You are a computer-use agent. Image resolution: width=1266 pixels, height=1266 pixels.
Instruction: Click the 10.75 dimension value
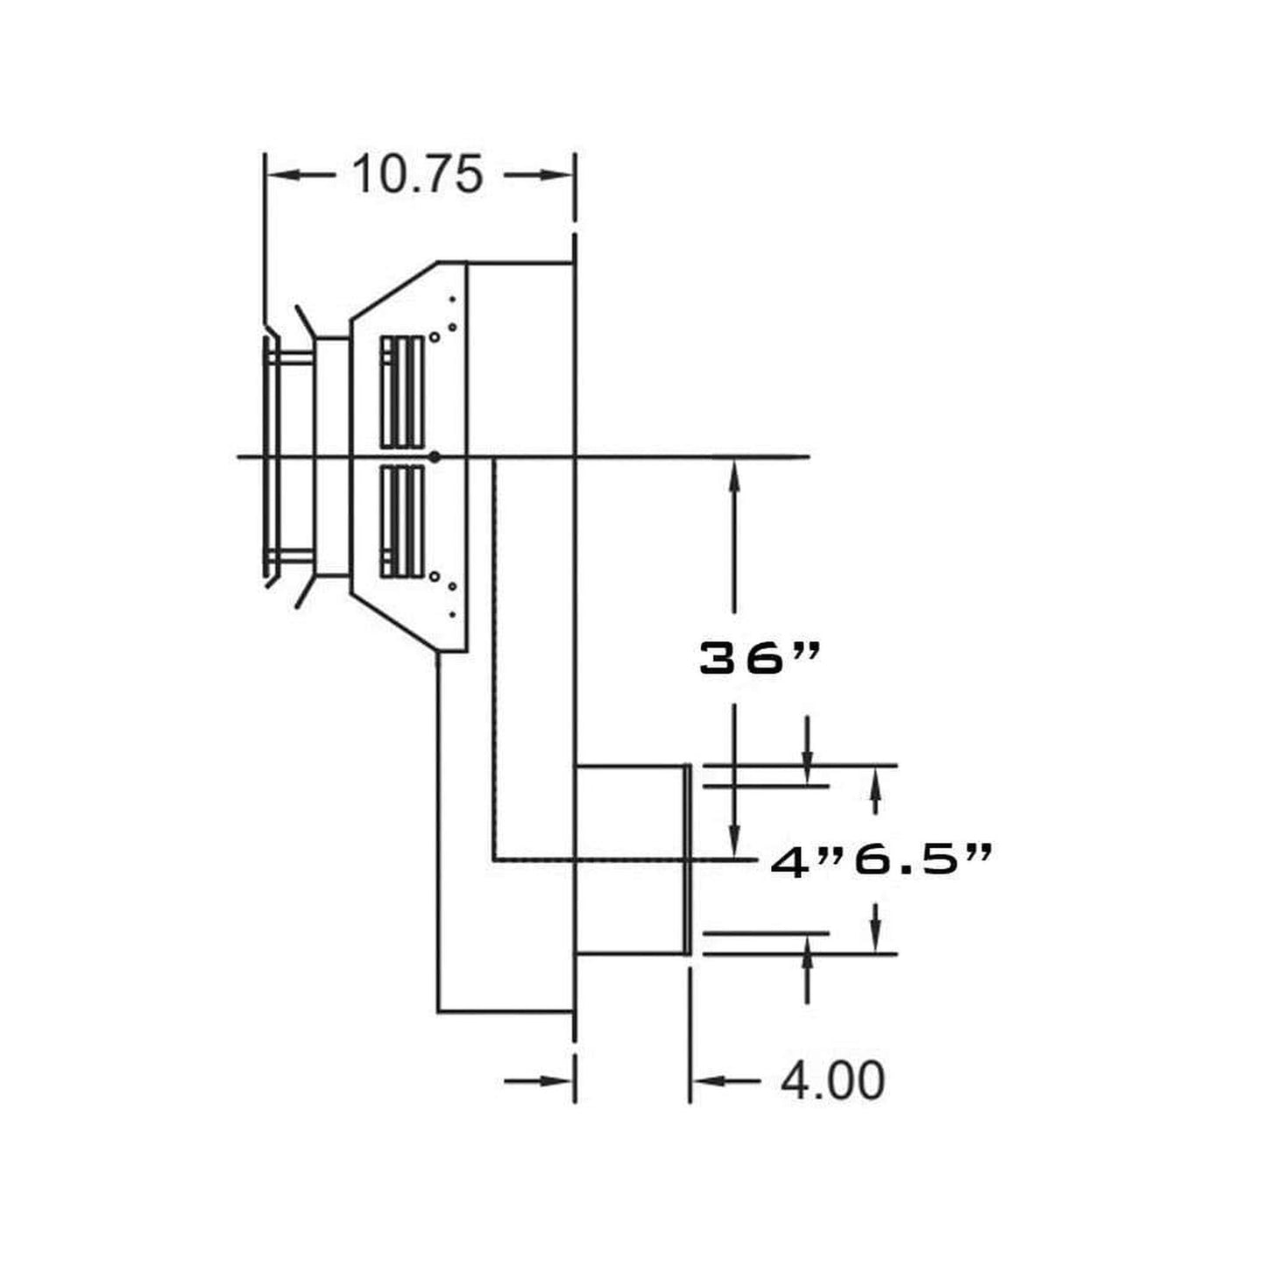pyautogui.click(x=417, y=174)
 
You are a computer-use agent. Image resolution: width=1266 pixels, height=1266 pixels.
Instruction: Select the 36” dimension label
pyautogui.click(x=760, y=659)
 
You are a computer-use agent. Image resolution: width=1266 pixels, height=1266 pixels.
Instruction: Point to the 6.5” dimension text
pyautogui.click(x=923, y=861)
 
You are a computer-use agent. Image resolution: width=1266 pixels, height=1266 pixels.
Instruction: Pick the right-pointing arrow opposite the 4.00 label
pyautogui.click(x=557, y=1081)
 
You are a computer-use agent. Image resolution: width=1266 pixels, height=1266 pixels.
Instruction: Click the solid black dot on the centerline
pyautogui.click(x=435, y=456)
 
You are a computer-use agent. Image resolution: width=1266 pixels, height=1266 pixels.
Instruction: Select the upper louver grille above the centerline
pyautogui.click(x=402, y=392)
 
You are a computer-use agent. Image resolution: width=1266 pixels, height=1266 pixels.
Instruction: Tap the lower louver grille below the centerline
pyautogui.click(x=402, y=521)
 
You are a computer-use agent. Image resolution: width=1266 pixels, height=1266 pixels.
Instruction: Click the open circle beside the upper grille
pyautogui.click(x=435, y=336)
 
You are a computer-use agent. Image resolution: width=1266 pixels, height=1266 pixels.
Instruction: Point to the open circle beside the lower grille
pyautogui.click(x=435, y=576)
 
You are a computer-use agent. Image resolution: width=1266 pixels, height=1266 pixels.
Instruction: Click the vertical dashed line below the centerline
pyautogui.click(x=494, y=657)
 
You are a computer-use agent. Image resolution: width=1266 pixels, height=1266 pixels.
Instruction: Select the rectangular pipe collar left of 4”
pyautogui.click(x=631, y=859)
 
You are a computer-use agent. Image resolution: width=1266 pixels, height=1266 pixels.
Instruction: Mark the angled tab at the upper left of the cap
pyautogui.click(x=303, y=321)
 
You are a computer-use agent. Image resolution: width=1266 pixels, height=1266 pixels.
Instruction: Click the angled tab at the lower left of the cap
pyautogui.click(x=303, y=592)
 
